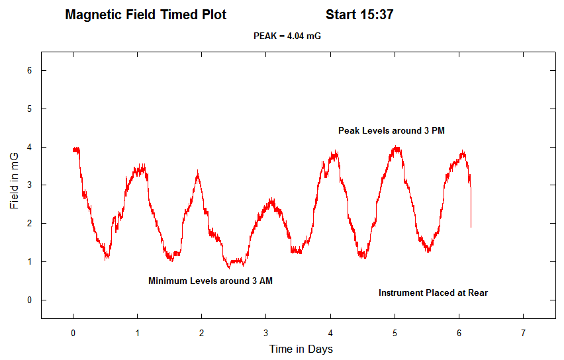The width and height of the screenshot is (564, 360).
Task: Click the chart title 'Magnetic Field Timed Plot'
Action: (146, 15)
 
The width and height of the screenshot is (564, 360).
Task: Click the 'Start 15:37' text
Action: (359, 15)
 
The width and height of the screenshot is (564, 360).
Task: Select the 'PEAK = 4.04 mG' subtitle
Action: (287, 36)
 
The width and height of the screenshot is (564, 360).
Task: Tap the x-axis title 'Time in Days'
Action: (301, 349)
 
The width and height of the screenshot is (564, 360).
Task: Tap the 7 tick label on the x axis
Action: (523, 332)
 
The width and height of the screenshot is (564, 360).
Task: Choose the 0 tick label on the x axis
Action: (73, 332)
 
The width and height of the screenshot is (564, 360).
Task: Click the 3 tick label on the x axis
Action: (266, 332)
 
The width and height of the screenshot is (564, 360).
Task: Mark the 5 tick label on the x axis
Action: (395, 332)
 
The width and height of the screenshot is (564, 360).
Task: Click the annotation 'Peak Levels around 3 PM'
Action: (391, 131)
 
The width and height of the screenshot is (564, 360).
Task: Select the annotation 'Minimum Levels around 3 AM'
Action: (210, 281)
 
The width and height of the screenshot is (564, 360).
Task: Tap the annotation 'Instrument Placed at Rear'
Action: (433, 292)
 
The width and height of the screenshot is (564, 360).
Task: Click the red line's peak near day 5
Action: (396, 148)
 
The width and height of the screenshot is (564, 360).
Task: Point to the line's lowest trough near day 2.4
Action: (229, 267)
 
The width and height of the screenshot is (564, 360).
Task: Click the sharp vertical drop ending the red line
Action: (471, 208)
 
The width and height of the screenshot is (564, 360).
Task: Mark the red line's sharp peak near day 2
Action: (197, 171)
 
